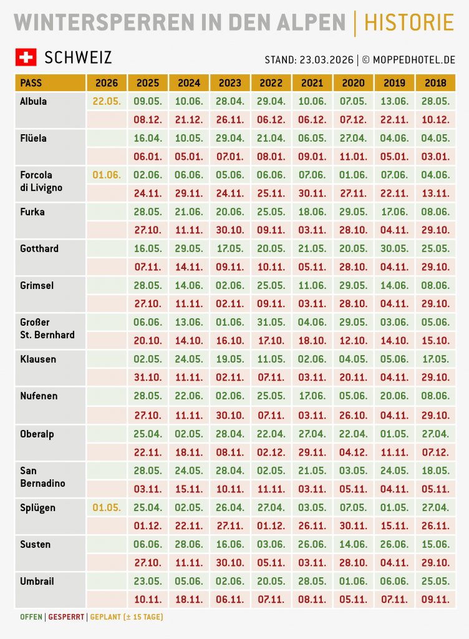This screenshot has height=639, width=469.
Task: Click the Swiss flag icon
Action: pyautogui.click(x=26, y=57)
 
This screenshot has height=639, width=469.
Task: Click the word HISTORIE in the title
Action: pyautogui.click(x=409, y=22)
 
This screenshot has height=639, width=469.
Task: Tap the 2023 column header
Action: pyautogui.click(x=230, y=83)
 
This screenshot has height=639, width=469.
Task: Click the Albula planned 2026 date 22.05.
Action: pyautogui.click(x=107, y=101)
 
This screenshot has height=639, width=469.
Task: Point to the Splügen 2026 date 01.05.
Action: pyautogui.click(x=107, y=507)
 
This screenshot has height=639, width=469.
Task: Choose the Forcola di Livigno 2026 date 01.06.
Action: pyautogui.click(x=107, y=175)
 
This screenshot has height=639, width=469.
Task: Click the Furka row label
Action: pyautogui.click(x=32, y=212)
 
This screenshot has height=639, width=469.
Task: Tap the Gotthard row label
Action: pyautogui.click(x=39, y=248)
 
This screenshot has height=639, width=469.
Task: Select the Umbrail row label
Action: pyautogui.click(x=37, y=581)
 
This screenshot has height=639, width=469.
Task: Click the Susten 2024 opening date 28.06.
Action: pyautogui.click(x=189, y=544)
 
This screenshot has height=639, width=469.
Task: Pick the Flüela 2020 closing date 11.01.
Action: pyautogui.click(x=354, y=157)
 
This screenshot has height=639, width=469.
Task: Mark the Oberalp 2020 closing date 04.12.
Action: pyautogui.click(x=354, y=452)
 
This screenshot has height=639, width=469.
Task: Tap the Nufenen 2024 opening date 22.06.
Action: pyautogui.click(x=189, y=396)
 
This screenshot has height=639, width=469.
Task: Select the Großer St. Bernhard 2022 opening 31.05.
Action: pyautogui.click(x=271, y=323)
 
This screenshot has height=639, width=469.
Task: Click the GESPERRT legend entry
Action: pyautogui.click(x=66, y=617)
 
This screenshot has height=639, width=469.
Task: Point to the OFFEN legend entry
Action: pyautogui.click(x=31, y=617)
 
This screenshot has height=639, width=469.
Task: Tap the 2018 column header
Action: pyautogui.click(x=436, y=83)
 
